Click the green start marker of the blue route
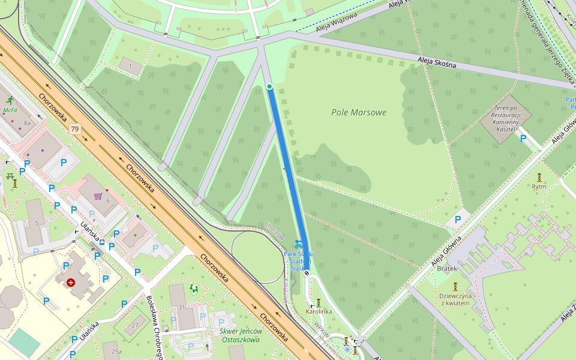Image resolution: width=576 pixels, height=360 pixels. tap(269, 86)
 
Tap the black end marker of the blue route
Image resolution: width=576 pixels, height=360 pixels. tap(307, 273)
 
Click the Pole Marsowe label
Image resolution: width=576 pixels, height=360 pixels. tap(359, 112)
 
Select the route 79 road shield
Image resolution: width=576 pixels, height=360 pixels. tap(74, 128)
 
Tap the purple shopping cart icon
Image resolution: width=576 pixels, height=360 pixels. tap(97, 196)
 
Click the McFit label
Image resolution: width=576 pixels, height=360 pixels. tap(10, 110)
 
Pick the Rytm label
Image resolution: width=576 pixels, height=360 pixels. tap(539, 186)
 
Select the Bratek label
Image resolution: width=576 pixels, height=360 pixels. tap(447, 268)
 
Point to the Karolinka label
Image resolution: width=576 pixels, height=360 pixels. tap(319, 311)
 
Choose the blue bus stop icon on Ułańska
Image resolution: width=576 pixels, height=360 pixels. tap(102, 243)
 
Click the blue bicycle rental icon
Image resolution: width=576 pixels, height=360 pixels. tap(299, 244)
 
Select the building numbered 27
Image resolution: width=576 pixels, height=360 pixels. tap(135, 325)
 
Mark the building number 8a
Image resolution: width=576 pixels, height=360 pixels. tap(26, 122)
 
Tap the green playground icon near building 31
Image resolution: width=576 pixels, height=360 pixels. tap(194, 289)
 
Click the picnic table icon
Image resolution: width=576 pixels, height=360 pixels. tap(10, 176)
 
